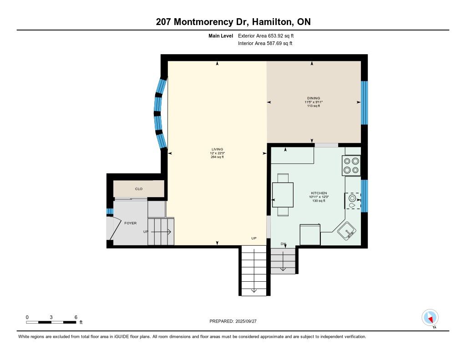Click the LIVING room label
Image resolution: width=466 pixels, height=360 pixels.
point(217,149)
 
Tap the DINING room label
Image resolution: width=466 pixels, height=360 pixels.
point(314,98)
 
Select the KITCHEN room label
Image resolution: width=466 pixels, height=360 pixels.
point(319,193)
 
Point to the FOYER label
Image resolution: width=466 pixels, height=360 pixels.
point(131,223)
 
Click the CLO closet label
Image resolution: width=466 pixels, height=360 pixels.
point(139,189)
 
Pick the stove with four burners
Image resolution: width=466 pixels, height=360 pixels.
point(351,166)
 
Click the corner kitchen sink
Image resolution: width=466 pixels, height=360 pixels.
point(346,231)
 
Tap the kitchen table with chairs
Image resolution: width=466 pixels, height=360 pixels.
point(283,195)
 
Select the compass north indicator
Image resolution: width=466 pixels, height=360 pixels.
point(430,318)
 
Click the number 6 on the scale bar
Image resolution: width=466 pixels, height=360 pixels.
point(76,317)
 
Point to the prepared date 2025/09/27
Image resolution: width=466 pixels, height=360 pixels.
point(246,321)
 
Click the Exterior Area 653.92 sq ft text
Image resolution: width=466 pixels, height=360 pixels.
point(266,35)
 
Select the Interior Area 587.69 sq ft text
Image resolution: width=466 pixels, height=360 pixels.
point(265,43)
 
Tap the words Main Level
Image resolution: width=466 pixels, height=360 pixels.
point(221,35)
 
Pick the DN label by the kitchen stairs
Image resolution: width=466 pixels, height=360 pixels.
point(283,244)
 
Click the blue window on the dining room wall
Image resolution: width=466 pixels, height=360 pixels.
point(365,102)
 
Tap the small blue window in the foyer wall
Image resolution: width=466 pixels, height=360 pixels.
point(110,211)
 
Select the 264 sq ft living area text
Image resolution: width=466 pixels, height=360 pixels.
point(217,157)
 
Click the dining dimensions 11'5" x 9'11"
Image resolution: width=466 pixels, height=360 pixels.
point(314,102)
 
